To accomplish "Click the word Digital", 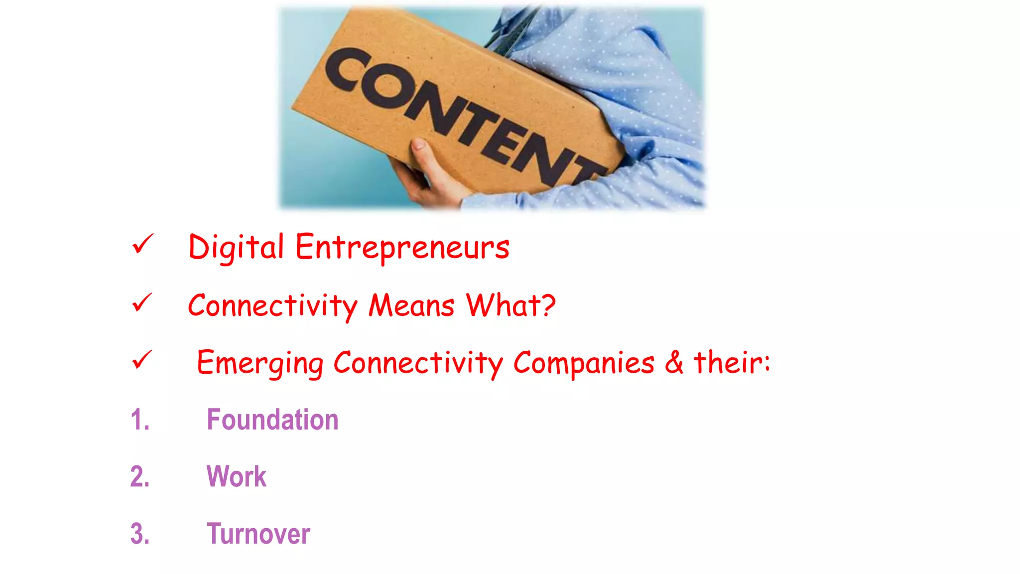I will [x=236, y=247].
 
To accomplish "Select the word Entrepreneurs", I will [x=402, y=247].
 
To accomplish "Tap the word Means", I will [x=411, y=305].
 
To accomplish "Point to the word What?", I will [x=510, y=305].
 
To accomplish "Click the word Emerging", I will [x=259, y=363].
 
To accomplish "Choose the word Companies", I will [x=584, y=363].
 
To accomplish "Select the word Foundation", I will [x=272, y=420].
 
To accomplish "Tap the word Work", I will [x=237, y=476].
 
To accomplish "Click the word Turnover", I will [x=258, y=534].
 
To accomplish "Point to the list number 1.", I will [x=140, y=420].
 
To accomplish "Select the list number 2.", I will [x=140, y=476].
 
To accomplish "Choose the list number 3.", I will [x=140, y=534].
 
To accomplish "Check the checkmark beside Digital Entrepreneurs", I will [x=142, y=244].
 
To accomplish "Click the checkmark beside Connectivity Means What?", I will [x=142, y=302].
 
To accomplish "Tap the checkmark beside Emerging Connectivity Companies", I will [x=142, y=360].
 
